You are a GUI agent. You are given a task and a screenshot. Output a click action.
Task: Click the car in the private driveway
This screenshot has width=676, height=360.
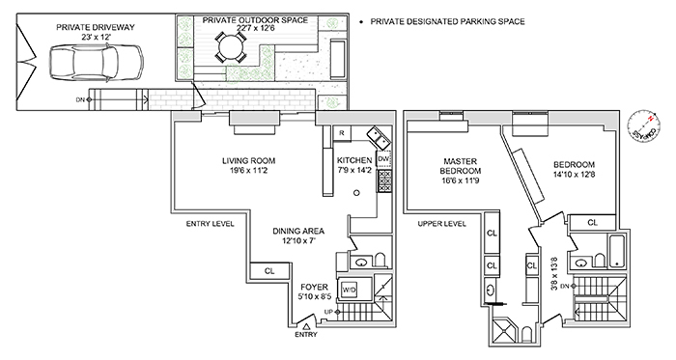[x=97, y=63]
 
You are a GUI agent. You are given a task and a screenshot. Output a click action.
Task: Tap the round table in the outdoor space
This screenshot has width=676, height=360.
[x=231, y=46]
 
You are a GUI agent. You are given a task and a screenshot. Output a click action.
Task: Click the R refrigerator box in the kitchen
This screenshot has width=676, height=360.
[x=342, y=133]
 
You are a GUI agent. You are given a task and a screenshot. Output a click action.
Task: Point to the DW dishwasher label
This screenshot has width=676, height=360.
[x=383, y=159]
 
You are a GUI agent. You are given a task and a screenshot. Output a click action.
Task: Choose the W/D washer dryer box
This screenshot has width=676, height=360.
[x=350, y=291]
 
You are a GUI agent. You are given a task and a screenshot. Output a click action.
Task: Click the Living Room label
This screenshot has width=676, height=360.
[x=249, y=161]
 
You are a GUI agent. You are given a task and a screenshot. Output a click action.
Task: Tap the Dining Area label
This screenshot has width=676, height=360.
[x=298, y=232]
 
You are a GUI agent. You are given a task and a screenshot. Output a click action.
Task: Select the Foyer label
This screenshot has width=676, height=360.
[x=314, y=287]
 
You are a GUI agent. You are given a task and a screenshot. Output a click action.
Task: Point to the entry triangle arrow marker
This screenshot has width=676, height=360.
[x=306, y=327]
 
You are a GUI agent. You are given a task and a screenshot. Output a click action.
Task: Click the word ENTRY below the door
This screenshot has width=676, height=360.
[x=306, y=335]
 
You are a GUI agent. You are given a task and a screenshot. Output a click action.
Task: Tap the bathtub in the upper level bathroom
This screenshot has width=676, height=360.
[x=617, y=252]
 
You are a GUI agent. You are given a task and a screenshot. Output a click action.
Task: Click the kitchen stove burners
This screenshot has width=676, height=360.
[x=384, y=180]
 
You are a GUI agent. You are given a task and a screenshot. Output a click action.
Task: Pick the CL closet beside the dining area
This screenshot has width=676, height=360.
[x=269, y=271]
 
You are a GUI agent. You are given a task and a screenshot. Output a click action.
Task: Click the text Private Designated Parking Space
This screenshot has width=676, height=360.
[x=447, y=21]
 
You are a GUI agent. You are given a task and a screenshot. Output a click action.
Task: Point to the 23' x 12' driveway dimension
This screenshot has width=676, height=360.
[x=96, y=37]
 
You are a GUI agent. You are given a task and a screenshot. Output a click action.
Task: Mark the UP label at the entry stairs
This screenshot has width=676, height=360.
[x=329, y=312]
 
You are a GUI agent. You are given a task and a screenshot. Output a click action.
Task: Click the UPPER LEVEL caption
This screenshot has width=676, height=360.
[x=442, y=224]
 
